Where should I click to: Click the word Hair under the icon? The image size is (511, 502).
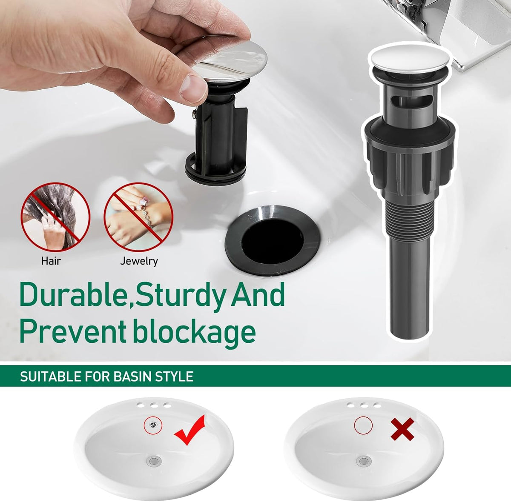51,261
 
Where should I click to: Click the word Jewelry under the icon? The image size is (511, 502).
139,261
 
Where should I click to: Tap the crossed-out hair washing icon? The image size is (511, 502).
55,217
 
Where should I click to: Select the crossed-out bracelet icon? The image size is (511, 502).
138,217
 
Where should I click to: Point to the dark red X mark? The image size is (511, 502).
402,429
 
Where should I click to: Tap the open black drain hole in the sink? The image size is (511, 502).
273,240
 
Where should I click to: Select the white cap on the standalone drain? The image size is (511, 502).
410,58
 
